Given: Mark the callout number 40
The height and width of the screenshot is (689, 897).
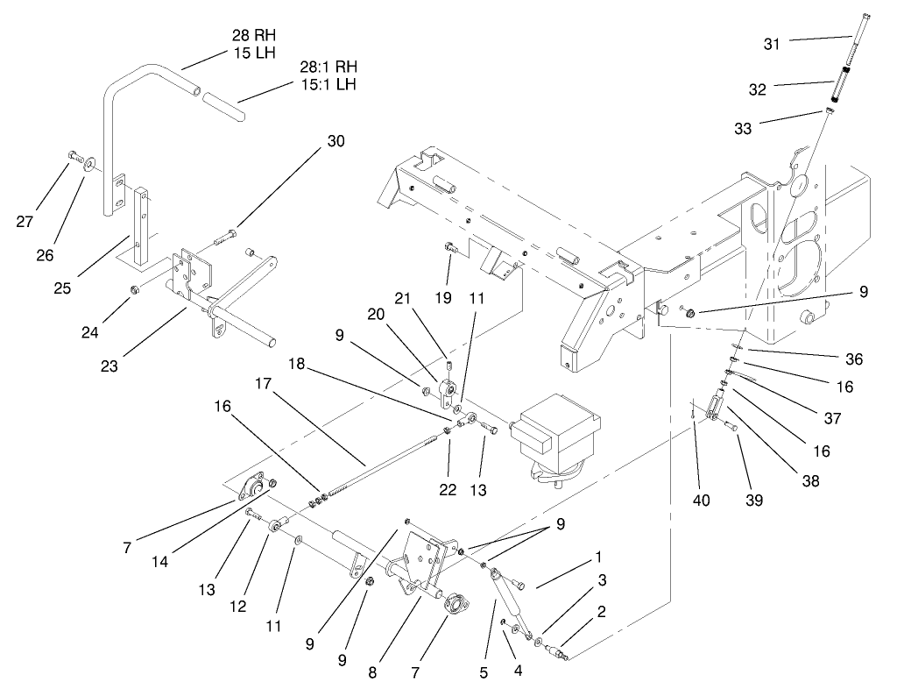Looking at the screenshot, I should (x=702, y=501).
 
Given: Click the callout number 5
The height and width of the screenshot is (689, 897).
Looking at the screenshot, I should (x=483, y=673).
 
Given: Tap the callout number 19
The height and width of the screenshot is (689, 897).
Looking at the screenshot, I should (x=443, y=298).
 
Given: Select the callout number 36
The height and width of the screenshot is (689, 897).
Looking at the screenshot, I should (x=855, y=359).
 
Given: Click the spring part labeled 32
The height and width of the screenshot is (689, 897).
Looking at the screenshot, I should (x=839, y=88).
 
